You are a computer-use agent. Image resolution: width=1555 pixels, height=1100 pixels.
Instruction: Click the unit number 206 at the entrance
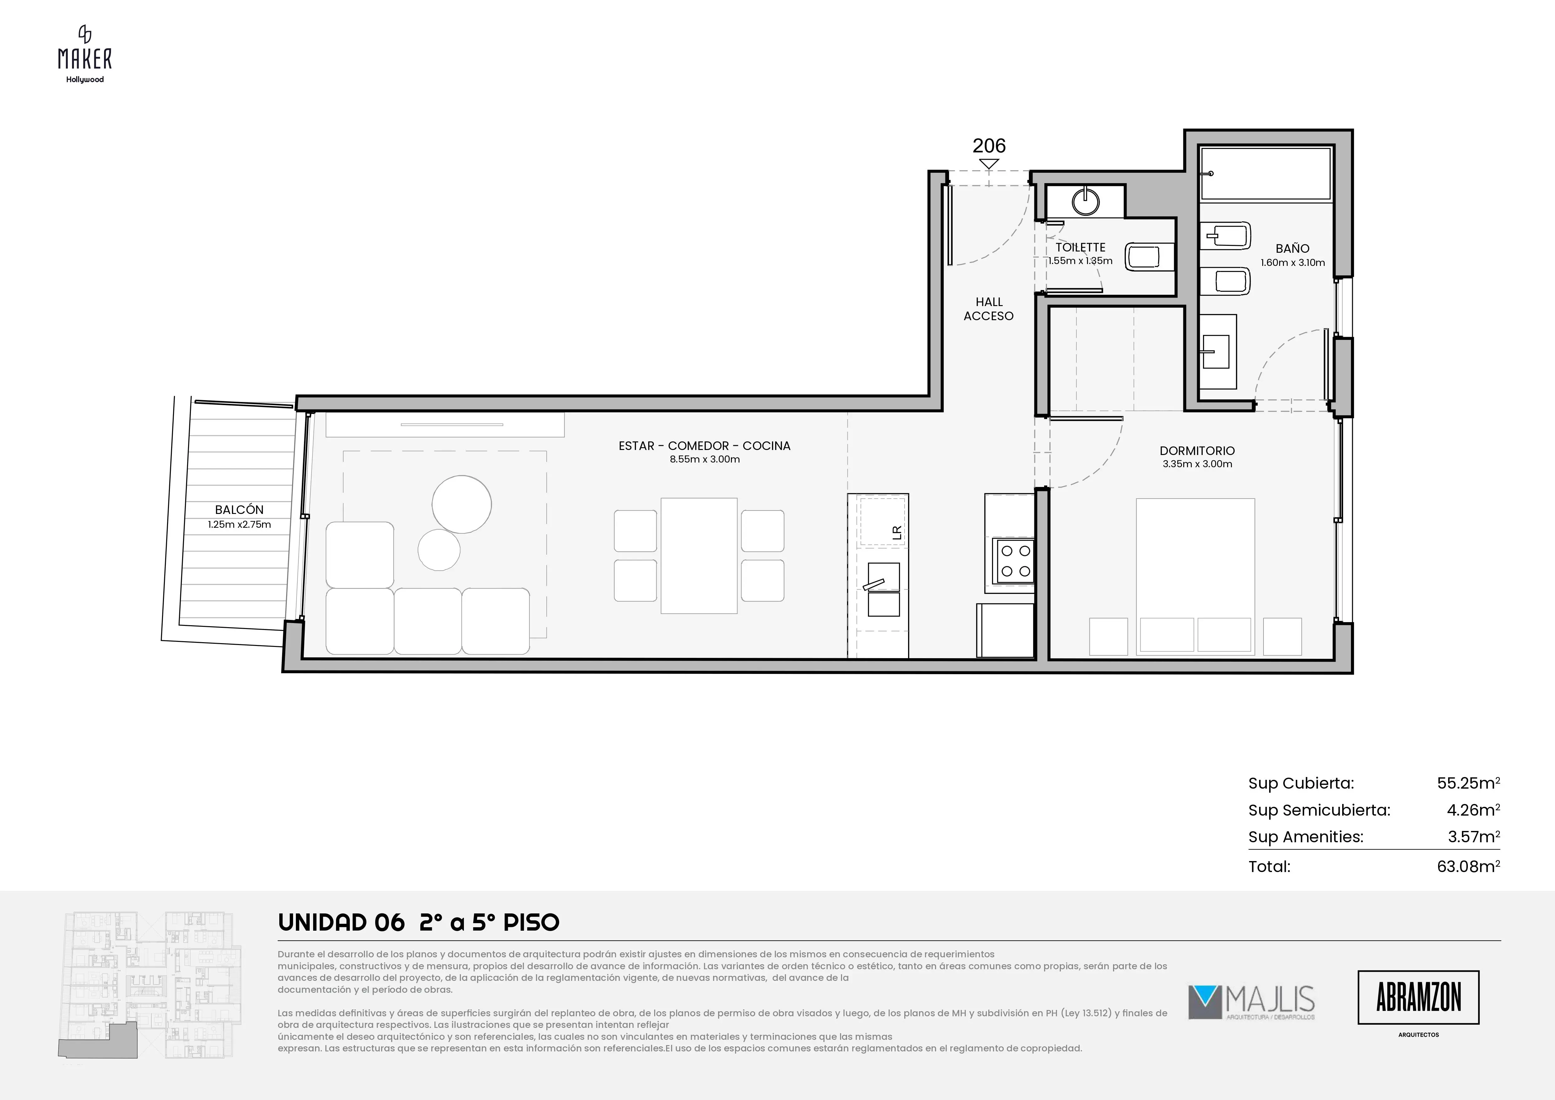coord(989,145)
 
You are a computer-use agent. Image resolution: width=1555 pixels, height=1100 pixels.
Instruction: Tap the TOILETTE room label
coord(1080,247)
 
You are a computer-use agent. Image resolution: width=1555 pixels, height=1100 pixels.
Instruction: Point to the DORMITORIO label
coord(1197,450)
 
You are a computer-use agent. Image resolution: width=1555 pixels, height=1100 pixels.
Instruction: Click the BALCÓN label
coord(239,509)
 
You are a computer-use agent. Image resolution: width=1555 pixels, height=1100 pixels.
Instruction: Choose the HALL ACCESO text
coord(989,309)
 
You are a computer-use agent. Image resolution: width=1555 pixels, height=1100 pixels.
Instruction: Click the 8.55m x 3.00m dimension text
coord(704,459)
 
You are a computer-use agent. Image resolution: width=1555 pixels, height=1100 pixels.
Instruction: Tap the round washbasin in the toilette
coord(1086,201)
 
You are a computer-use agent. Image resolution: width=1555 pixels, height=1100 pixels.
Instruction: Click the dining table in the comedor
coord(699,555)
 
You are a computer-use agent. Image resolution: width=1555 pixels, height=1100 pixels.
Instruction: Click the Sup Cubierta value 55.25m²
coord(1468,783)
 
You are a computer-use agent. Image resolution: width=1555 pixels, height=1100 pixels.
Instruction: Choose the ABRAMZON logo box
coord(1418,997)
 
